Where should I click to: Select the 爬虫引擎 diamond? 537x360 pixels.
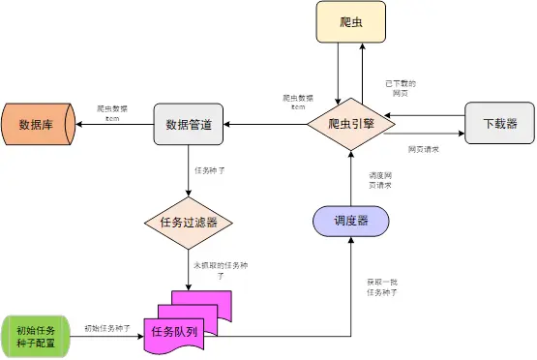pyautogui.click(x=348, y=124)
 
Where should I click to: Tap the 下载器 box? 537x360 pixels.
pyautogui.click(x=498, y=124)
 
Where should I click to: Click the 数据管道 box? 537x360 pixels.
pyautogui.click(x=189, y=124)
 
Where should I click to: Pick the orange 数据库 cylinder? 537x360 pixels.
pyautogui.click(x=39, y=124)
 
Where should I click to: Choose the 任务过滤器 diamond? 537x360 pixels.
pyautogui.click(x=189, y=222)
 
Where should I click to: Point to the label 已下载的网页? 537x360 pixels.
pyautogui.click(x=400, y=88)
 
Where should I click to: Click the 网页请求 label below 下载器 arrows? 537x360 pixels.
pyautogui.click(x=423, y=150)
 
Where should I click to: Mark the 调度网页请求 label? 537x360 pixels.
pyautogui.click(x=380, y=180)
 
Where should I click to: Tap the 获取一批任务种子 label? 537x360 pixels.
pyautogui.click(x=380, y=286)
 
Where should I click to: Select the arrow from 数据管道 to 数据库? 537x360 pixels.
pyautogui.click(x=116, y=124)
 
